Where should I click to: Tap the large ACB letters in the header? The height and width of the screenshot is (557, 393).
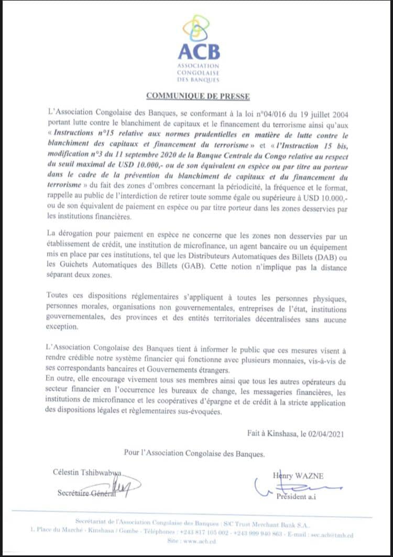pyautogui.click(x=199, y=52)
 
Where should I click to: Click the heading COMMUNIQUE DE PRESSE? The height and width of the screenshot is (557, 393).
pyautogui.click(x=198, y=96)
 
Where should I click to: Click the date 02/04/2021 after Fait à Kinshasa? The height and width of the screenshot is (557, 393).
pyautogui.click(x=325, y=433)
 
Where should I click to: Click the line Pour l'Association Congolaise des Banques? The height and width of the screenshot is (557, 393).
pyautogui.click(x=194, y=452)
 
